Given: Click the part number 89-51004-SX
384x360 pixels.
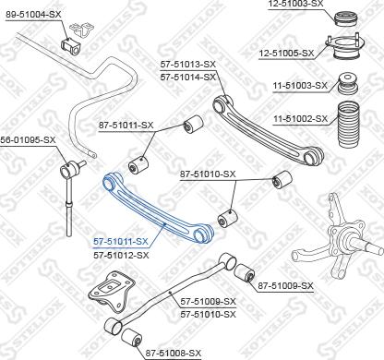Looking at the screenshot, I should (x=33, y=16).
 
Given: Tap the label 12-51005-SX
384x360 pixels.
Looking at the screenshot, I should (x=287, y=54).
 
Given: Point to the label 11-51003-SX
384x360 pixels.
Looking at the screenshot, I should (x=300, y=86).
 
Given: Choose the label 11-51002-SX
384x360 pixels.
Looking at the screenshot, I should (x=300, y=119).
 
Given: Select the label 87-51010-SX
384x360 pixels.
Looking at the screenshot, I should (x=208, y=174).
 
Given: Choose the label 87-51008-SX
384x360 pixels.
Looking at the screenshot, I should (x=174, y=353).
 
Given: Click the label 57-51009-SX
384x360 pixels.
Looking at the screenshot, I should (x=208, y=302).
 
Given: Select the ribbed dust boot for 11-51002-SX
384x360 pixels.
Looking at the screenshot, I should (x=351, y=125).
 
